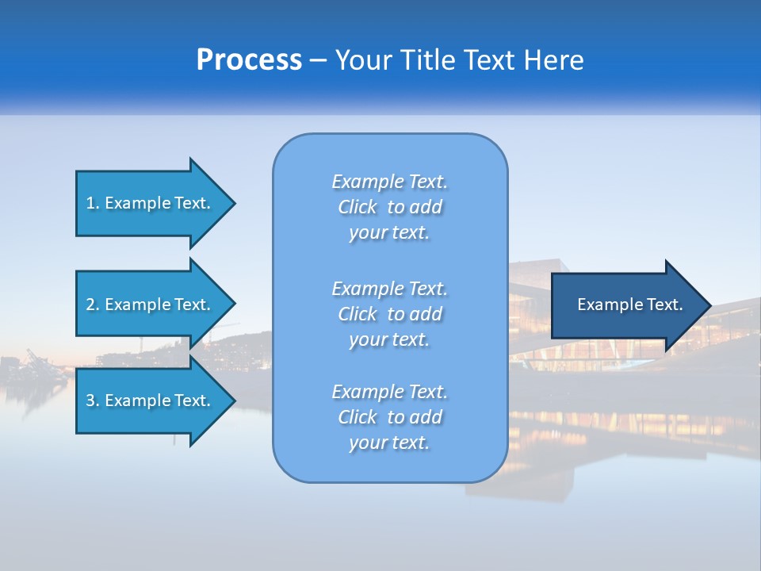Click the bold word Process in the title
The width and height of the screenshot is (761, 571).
tap(249, 60)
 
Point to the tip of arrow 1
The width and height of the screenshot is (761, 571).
tap(234, 203)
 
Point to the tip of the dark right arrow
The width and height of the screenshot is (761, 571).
tap(709, 305)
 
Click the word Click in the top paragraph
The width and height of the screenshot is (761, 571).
tap(358, 208)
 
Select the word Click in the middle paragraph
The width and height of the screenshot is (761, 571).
tap(358, 314)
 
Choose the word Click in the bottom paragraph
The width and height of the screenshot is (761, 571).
tap(358, 417)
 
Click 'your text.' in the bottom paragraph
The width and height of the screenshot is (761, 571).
tap(389, 443)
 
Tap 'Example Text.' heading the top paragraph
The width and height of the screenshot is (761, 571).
tap(389, 182)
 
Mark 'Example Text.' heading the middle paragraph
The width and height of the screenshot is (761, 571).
tap(389, 288)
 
